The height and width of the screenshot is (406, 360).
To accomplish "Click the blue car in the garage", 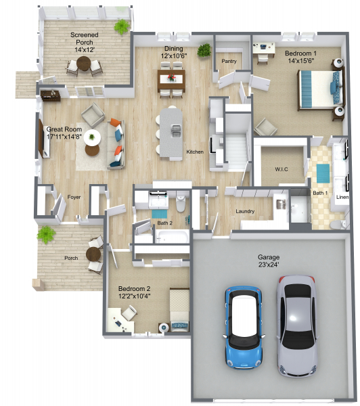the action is point(243,327).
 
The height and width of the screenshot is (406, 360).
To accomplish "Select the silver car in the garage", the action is point(297,325).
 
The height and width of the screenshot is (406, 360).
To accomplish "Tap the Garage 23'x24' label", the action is point(269,261).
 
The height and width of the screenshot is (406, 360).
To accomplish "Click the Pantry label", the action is point(229,62).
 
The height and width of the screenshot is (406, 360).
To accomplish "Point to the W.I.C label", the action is point(282,169).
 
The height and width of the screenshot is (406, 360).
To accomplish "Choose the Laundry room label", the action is point(245,211).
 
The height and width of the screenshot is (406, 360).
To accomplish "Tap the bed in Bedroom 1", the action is point(321,89).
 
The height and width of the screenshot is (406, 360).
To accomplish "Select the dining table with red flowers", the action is point(171,80).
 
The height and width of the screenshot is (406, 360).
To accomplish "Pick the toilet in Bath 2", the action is point(181,203).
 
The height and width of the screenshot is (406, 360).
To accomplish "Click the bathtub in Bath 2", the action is point(172,237).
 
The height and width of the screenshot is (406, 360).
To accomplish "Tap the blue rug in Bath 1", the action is point(323,173).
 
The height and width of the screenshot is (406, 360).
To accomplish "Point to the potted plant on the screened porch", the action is point(122,26).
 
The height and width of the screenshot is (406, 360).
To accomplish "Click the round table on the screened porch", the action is point(84,64).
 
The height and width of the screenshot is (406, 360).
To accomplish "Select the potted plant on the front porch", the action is point(47,234).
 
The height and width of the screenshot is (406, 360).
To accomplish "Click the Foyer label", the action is point(74,197).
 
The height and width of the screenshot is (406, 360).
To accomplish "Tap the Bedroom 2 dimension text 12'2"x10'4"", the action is point(135,296).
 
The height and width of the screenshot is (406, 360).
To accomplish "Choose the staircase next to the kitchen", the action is point(236,148).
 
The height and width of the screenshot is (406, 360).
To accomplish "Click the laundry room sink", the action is point(281,204).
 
